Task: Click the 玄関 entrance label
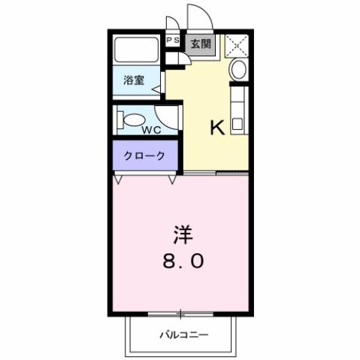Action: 200,44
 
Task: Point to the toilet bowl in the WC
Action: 134,119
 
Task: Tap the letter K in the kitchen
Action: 216,128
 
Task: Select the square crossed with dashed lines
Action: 237,45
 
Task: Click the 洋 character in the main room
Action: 182,236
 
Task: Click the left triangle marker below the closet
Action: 119,180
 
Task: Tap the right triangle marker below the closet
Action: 172,180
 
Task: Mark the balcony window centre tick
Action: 180,313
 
